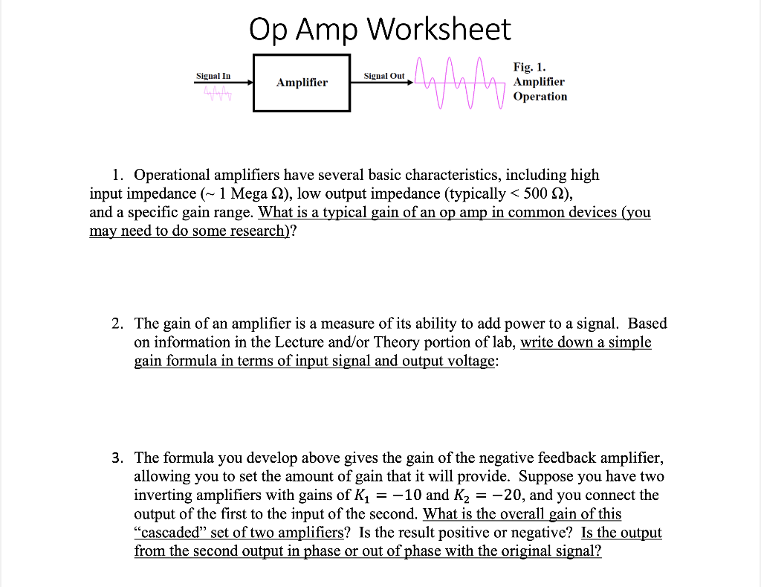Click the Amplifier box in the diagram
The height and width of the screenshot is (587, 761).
click(x=301, y=83)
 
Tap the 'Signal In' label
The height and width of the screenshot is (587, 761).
click(x=213, y=75)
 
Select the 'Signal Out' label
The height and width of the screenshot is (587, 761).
click(x=384, y=75)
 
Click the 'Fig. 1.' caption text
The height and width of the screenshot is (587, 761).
click(x=530, y=68)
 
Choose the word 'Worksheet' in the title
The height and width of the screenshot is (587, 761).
click(x=438, y=30)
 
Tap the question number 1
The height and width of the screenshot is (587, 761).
click(x=117, y=176)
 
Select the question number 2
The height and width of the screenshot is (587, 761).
click(x=117, y=324)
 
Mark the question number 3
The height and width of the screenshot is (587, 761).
click(x=117, y=458)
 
